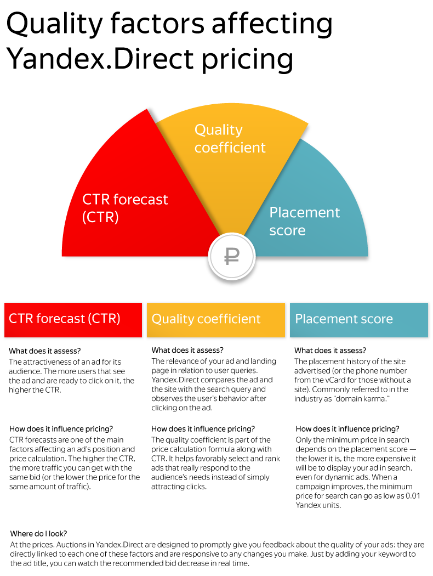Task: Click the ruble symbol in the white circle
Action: tap(232, 256)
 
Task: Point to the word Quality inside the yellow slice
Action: tap(218, 130)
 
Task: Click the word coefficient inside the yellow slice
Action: tap(230, 148)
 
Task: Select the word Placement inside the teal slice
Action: tap(305, 213)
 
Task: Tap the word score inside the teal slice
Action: tap(287, 230)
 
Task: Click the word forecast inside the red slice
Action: tap(141, 199)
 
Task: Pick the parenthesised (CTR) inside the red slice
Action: tap(100, 217)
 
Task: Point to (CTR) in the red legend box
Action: tap(105, 319)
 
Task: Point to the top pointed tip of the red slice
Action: tap(146, 109)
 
